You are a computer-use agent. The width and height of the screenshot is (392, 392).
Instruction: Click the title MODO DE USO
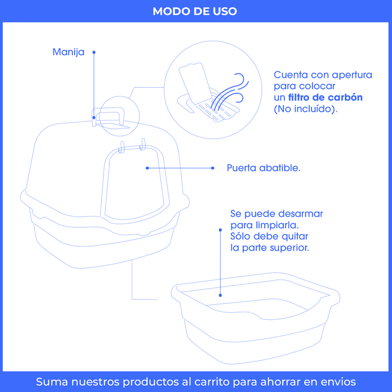(195, 11)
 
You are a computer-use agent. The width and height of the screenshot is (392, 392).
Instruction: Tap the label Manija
(68, 52)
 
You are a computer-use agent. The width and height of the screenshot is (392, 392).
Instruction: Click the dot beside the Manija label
(94, 52)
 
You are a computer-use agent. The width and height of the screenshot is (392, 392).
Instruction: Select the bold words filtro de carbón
(325, 97)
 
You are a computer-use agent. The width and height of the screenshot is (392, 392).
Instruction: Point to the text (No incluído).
(305, 109)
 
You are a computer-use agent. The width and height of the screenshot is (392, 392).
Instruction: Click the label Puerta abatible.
(264, 168)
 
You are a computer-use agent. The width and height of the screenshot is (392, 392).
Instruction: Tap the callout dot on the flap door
(147, 168)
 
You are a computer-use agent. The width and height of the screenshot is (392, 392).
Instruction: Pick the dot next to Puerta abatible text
(213, 168)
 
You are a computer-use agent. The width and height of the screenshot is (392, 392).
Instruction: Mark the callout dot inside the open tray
(220, 295)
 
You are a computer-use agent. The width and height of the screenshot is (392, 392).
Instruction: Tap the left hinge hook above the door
(122, 147)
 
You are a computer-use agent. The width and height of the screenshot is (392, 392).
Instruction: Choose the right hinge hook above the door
(143, 145)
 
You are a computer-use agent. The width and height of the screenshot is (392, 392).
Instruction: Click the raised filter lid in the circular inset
(195, 83)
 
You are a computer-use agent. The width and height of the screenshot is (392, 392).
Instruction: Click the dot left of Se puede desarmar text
(220, 230)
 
